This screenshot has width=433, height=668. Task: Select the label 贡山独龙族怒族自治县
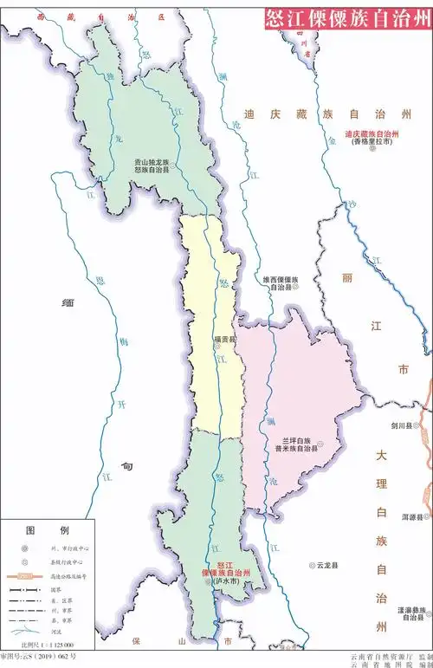151,166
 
